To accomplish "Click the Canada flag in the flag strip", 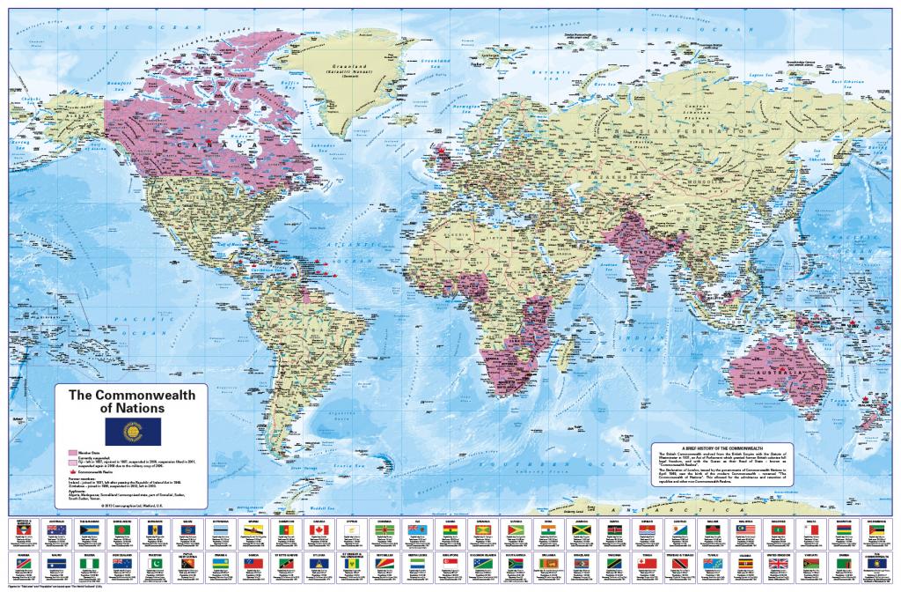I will click(x=319, y=530).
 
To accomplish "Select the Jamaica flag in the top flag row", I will click(x=581, y=530).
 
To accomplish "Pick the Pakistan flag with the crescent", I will click(x=155, y=563).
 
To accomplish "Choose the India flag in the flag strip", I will click(x=548, y=530).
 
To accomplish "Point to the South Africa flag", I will click(x=516, y=563).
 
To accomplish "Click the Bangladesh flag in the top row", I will click(x=122, y=530).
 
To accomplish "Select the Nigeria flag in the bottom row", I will click(x=90, y=563).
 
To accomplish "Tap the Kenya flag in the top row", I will click(x=614, y=530).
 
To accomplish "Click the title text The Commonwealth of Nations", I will click(x=132, y=403).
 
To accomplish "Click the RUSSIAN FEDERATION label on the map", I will click(x=695, y=130).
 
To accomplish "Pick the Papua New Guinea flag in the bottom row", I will click(x=187, y=563).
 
